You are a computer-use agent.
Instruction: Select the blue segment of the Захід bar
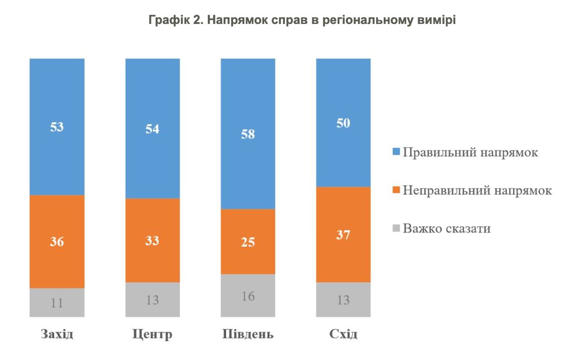pyautogui.click(x=57, y=127)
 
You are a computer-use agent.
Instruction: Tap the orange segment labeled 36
pyautogui.click(x=57, y=242)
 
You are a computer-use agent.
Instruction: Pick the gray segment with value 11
pyautogui.click(x=57, y=302)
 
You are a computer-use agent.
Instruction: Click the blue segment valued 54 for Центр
pyautogui.click(x=153, y=128)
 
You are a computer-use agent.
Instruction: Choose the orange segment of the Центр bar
pyautogui.click(x=153, y=240)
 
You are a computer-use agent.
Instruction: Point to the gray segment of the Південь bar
pyautogui.click(x=248, y=296)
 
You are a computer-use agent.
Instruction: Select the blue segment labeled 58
pyautogui.click(x=248, y=134)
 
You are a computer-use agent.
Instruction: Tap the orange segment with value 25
pyautogui.click(x=248, y=242)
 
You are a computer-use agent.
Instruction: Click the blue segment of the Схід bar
pyautogui.click(x=343, y=123)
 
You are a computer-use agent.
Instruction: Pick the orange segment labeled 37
pyautogui.click(x=343, y=234)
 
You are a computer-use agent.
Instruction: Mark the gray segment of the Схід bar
pyautogui.click(x=343, y=300)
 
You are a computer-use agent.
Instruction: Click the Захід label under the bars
pyautogui.click(x=57, y=335)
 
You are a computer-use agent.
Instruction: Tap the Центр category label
pyautogui.click(x=153, y=335)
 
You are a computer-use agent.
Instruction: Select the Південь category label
pyautogui.click(x=248, y=335)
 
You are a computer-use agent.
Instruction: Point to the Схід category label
pyautogui.click(x=343, y=335)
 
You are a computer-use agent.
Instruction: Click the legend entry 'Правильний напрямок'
pyautogui.click(x=470, y=152)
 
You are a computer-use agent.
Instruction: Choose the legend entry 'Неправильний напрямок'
pyautogui.click(x=477, y=190)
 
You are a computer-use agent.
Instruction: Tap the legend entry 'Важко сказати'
pyautogui.click(x=446, y=228)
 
